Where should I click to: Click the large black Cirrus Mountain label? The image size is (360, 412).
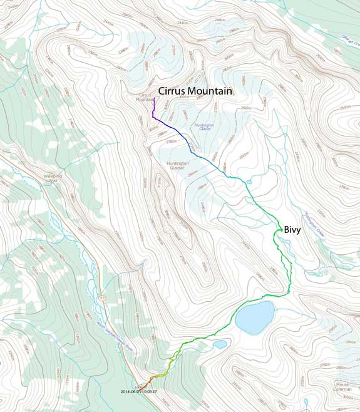pyautogui.click(x=195, y=91)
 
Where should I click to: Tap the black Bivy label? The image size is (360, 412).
pyautogui.click(x=292, y=230)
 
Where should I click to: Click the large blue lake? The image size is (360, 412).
pyautogui.click(x=255, y=317)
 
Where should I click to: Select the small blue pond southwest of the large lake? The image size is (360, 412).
pyautogui.click(x=219, y=344)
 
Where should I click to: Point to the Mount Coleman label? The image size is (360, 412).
pyautogui.click(x=343, y=386)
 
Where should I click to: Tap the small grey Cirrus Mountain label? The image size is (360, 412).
pyautogui.click(x=145, y=97)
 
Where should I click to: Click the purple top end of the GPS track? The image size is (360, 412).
pyautogui.click(x=153, y=98)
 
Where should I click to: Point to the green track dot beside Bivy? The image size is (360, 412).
pyautogui.click(x=275, y=231)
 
